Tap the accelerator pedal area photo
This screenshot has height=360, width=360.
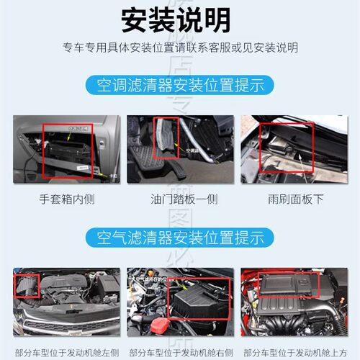point(179,148)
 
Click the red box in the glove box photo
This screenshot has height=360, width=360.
point(67,149)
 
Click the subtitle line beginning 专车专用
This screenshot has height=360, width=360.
point(179,47)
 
